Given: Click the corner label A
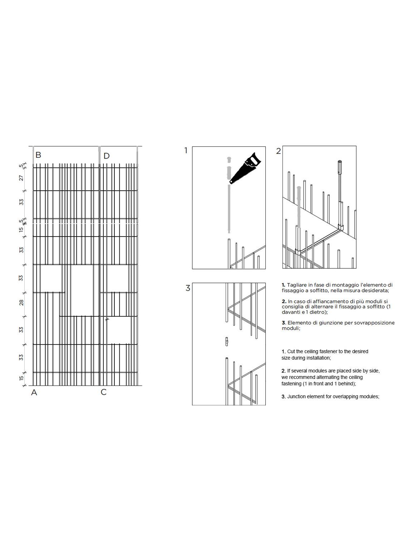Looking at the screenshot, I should click(34, 392).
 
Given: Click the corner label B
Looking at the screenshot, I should click(38, 155).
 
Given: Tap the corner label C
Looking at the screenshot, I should click(104, 392).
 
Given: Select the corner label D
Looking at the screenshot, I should click(106, 156).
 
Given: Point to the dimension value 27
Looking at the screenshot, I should click(21, 178).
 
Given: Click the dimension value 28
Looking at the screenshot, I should click(21, 303).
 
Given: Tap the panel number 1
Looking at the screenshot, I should click(186, 151).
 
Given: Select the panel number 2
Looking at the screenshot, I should click(279, 151).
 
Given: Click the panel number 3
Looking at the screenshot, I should click(188, 288).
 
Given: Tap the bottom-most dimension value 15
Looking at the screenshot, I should click(21, 378).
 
